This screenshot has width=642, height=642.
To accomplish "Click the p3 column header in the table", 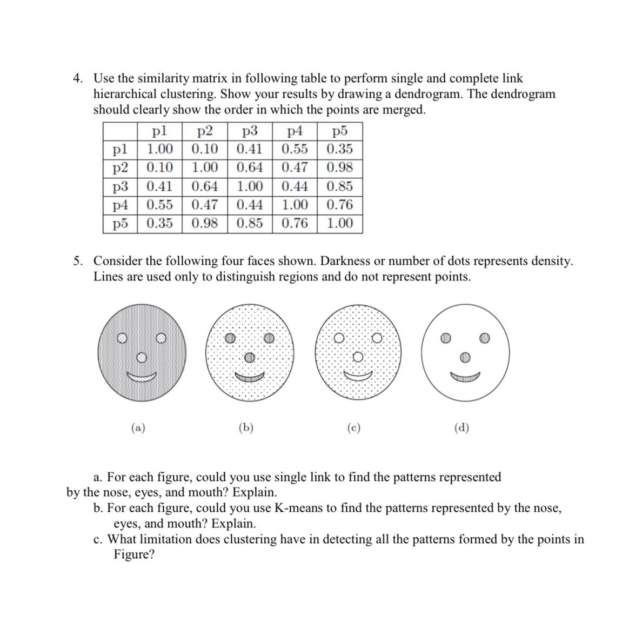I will pos(249,131).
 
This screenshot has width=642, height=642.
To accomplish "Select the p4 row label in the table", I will pos(120,205).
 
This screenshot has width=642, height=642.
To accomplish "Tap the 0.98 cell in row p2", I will pos(339,168).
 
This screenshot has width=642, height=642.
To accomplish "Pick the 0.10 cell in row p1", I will pos(205,149).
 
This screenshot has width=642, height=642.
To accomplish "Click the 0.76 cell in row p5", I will pos(295,223).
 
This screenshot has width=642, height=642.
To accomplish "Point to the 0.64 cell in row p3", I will pos(205,186).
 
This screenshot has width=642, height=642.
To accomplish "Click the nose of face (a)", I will pos(141,357).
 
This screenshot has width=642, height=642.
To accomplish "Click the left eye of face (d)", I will pos(445,338).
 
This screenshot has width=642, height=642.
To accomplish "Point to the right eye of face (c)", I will pos(377,338).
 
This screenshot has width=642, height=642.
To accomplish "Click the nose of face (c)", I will pos(357,357).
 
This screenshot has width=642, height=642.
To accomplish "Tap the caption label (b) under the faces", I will pos(246,428).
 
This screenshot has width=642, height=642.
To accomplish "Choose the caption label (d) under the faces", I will pos(462,428).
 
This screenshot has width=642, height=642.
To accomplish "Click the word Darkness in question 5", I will pos(345,261).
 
